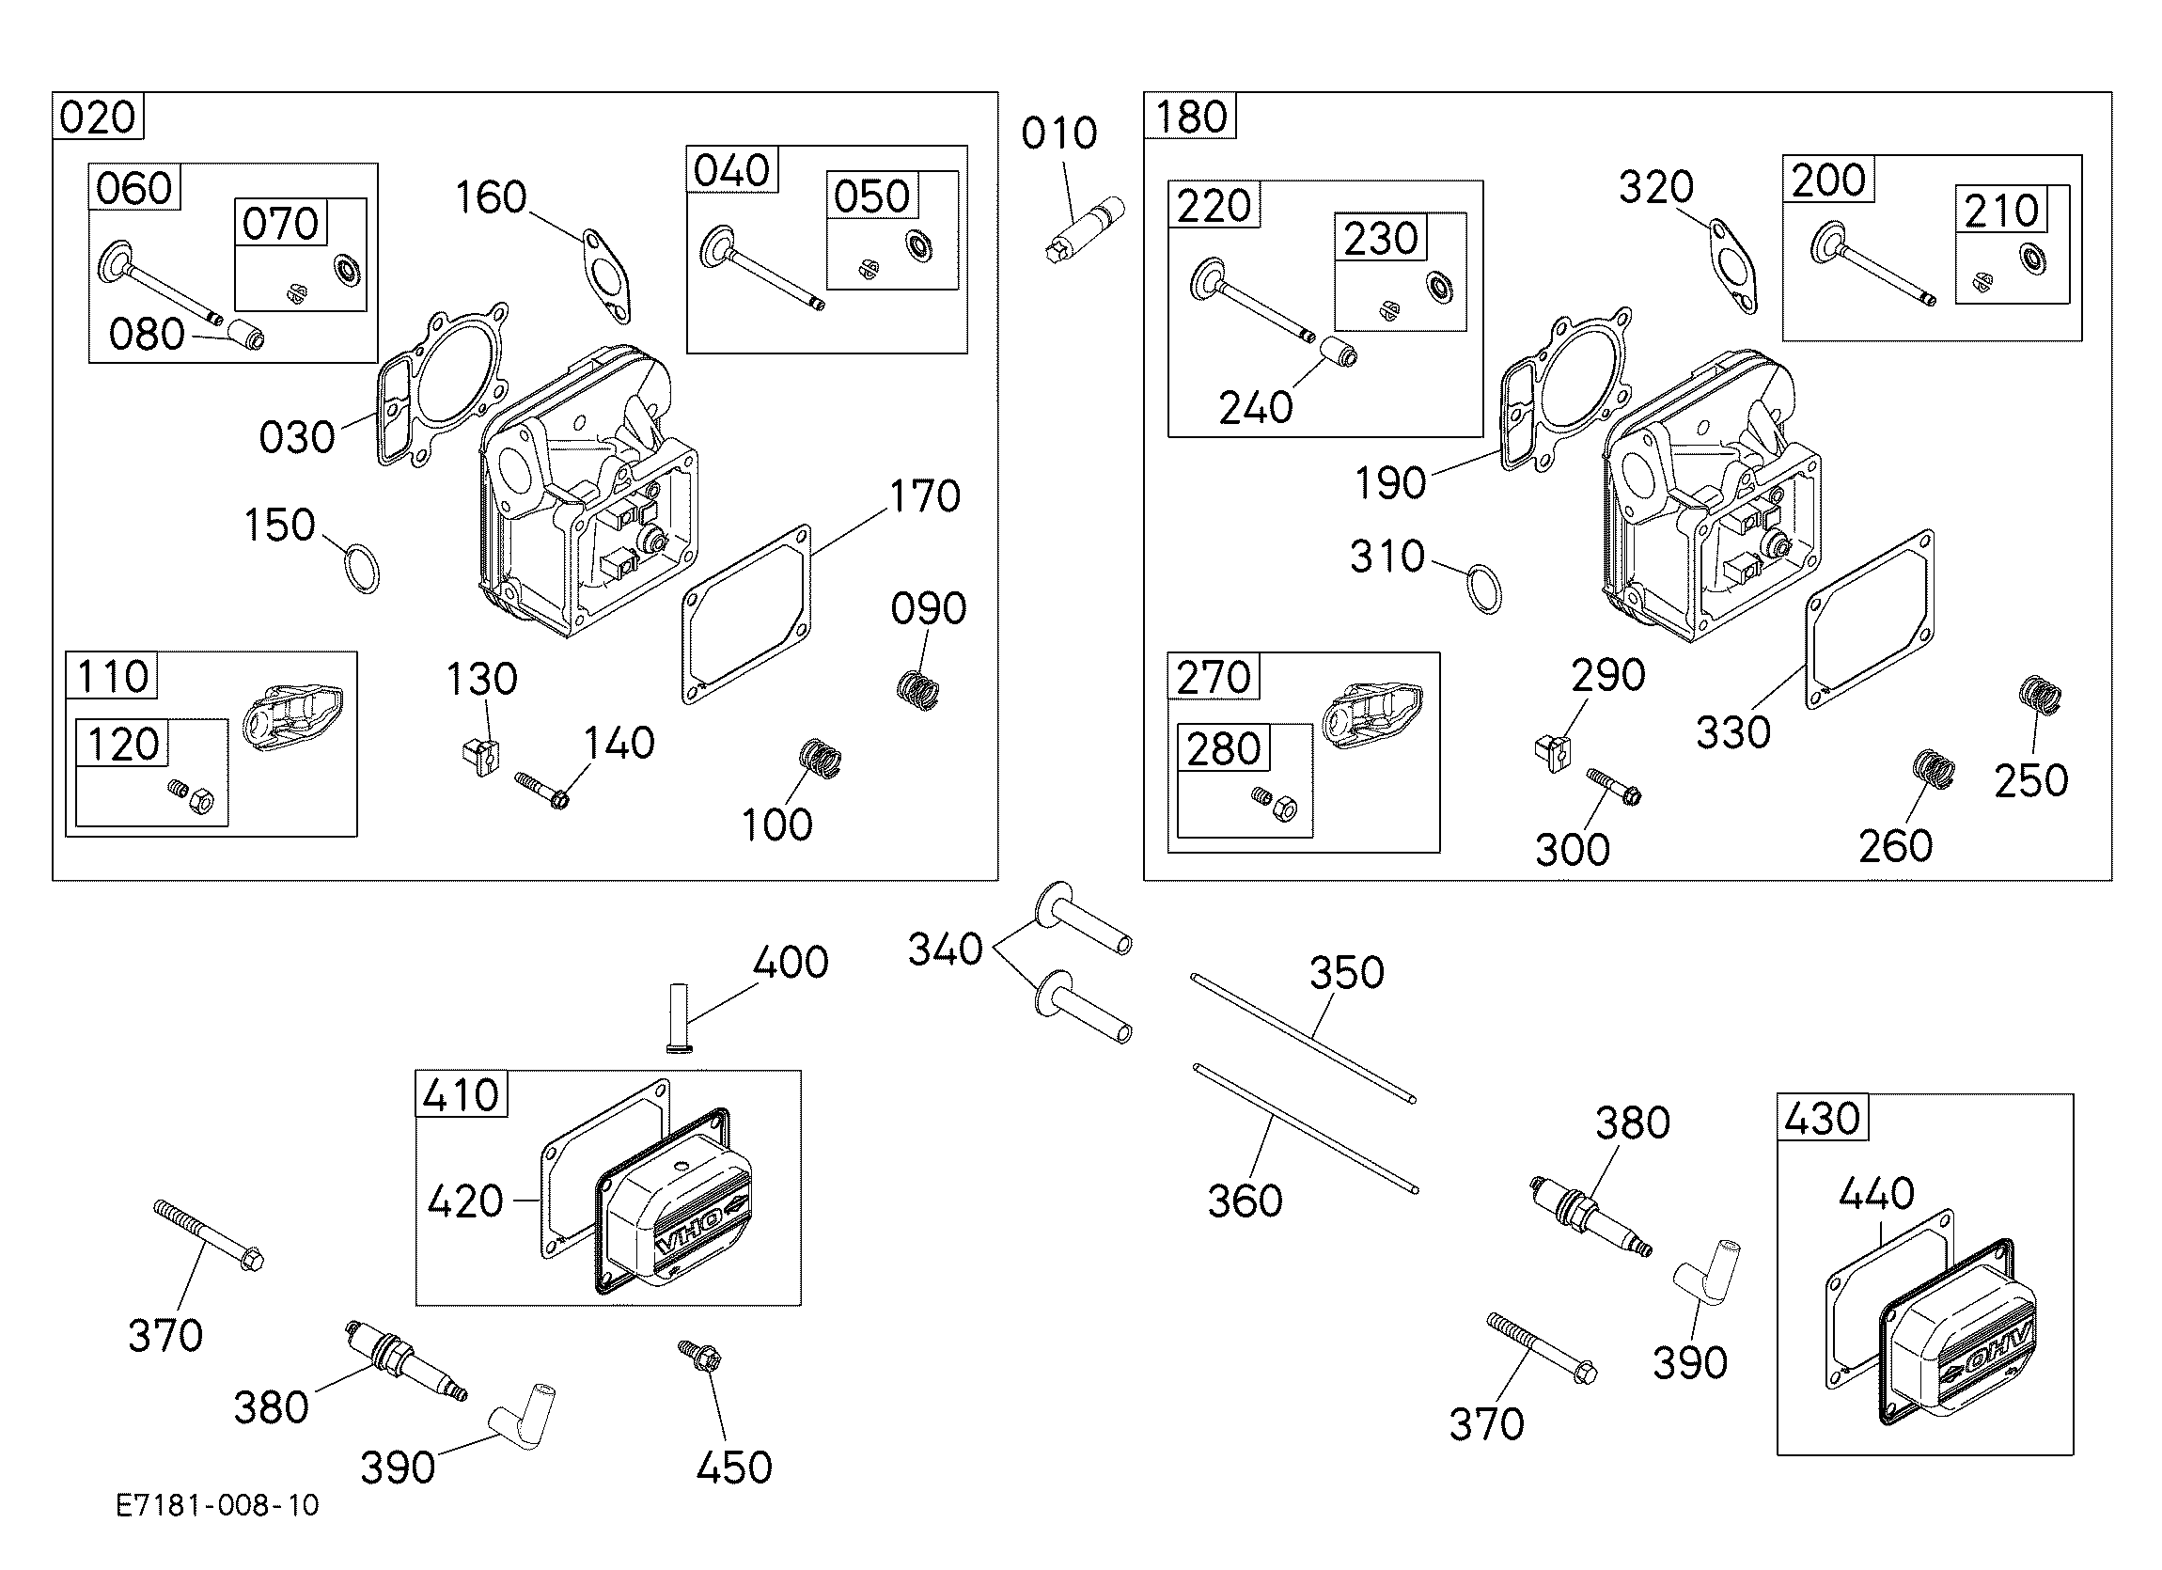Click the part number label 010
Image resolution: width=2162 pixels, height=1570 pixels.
click(1059, 133)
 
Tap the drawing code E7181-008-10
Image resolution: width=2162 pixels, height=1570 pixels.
click(217, 1505)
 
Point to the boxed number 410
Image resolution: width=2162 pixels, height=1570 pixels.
click(462, 1094)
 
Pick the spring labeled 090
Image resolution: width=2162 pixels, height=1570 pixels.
click(920, 690)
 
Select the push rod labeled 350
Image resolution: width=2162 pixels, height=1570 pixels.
click(1303, 1038)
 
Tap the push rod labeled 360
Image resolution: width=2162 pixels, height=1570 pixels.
click(1305, 1128)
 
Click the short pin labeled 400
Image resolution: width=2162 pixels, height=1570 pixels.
click(680, 1017)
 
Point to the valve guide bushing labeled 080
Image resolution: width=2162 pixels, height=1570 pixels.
click(246, 336)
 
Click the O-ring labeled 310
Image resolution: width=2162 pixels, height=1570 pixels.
click(1483, 590)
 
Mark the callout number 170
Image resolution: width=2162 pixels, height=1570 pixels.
click(925, 496)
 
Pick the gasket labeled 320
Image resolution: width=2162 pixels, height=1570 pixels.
click(1733, 266)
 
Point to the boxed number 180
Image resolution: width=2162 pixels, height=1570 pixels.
click(1191, 117)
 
